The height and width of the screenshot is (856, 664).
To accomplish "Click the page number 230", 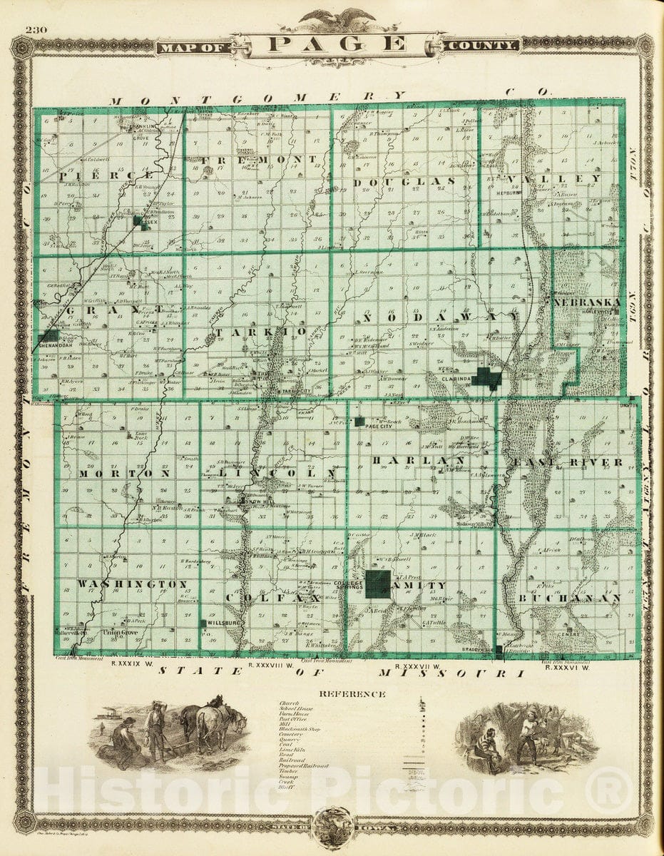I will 34,30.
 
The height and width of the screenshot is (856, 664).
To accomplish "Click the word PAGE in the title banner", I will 338,44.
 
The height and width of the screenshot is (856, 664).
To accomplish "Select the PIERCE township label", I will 107,175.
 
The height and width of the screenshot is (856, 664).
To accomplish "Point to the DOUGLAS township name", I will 404,182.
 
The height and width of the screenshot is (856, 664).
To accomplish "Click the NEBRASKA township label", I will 586,302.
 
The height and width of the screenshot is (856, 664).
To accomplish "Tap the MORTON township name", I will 124,473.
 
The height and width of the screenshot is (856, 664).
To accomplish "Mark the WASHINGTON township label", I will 132,584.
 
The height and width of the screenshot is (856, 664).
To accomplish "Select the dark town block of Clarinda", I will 489,377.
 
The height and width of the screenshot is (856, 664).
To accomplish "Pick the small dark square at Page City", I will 359,421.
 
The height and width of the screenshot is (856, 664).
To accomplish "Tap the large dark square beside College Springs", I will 377,583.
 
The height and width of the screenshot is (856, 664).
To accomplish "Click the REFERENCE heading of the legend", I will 352,693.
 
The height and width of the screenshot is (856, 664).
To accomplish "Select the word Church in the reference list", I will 289,704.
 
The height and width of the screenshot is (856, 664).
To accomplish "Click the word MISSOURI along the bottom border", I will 449,673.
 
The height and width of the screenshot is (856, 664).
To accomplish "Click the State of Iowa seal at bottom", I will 334,827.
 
